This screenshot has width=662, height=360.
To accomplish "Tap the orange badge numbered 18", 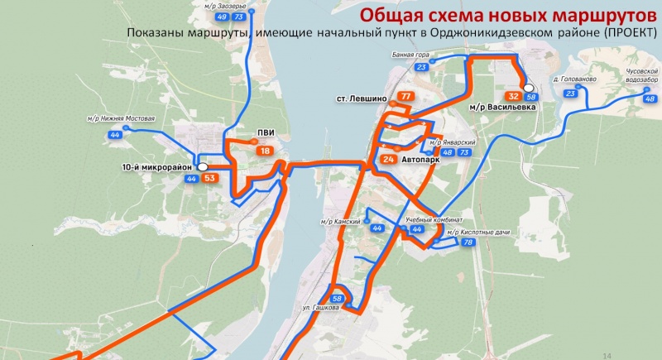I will [264, 151].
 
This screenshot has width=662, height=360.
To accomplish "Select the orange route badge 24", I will [389, 159].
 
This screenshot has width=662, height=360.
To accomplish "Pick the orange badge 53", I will [209, 178].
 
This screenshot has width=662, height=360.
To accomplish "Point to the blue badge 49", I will [221, 16].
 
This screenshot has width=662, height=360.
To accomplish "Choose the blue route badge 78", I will [468, 242].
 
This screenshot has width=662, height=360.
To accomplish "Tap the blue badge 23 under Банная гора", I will [422, 67].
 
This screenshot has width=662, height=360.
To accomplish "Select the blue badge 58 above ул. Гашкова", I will [337, 299].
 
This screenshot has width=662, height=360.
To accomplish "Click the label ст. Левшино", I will [362, 98].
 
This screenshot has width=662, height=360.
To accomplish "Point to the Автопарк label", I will [420, 159].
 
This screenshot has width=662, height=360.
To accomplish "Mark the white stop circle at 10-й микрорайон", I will [201, 166].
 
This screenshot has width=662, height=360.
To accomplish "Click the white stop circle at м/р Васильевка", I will [528, 88].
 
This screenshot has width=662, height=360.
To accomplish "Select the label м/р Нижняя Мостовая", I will [121, 119].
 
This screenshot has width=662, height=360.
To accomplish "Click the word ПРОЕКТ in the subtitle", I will [627, 32].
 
